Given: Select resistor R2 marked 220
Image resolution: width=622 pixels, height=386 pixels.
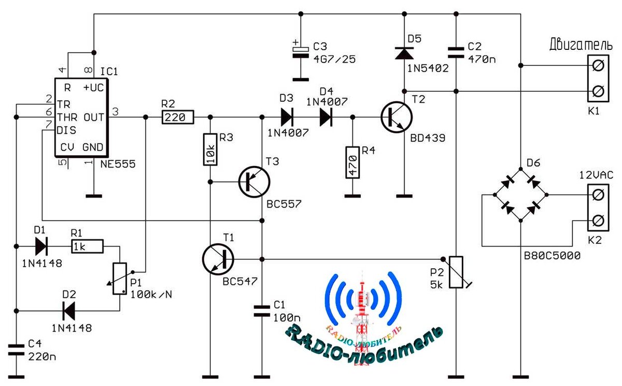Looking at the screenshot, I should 178,118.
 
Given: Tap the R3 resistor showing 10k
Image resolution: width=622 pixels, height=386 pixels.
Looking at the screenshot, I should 210,150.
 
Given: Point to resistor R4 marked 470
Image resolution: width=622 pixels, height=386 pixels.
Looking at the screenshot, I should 352,162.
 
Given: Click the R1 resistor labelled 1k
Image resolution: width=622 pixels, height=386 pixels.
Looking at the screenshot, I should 87,245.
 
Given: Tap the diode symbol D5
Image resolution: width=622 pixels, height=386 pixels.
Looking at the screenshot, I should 404,53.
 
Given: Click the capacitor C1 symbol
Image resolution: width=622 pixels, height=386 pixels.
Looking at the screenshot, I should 262,311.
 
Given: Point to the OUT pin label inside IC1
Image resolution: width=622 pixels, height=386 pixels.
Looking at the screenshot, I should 93,118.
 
